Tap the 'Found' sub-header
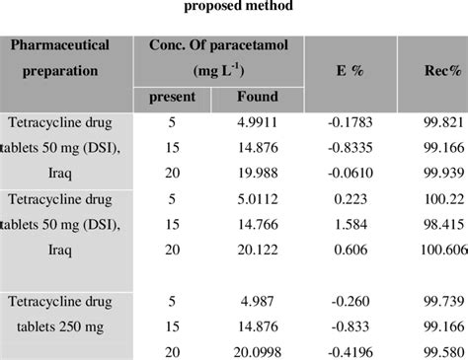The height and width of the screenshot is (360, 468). [x=258, y=98]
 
